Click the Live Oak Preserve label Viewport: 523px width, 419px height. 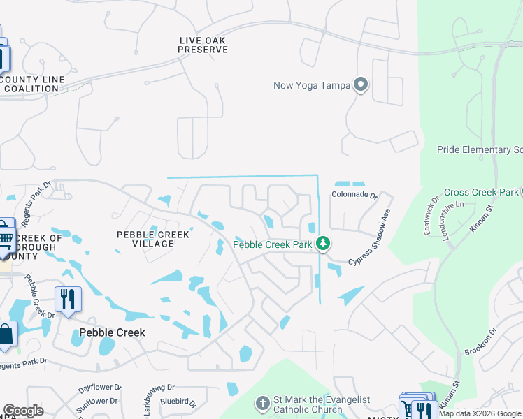[203, 45]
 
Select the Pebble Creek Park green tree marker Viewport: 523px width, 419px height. [322, 244]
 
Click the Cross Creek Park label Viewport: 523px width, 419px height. [481, 192]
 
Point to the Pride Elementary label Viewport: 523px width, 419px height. [480, 149]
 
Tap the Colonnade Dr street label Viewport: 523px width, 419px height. [354, 196]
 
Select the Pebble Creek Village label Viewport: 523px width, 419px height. [153, 239]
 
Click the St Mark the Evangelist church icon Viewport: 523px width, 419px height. [261, 404]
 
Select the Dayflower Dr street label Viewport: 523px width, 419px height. [100, 386]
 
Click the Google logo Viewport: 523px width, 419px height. [24, 411]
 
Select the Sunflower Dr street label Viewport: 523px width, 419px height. [99, 402]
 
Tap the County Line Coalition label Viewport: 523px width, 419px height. [32, 84]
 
